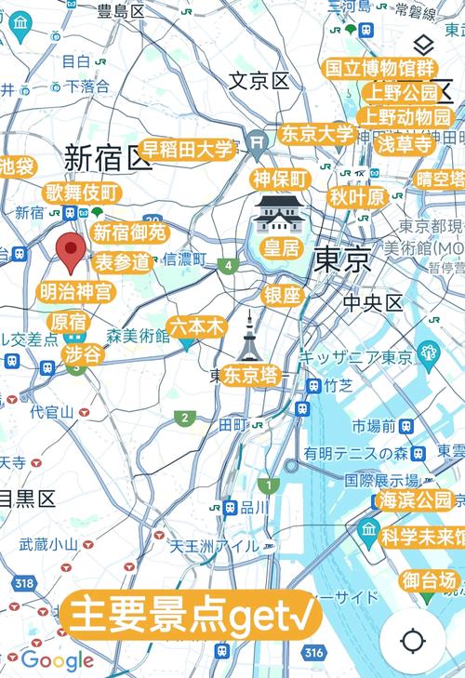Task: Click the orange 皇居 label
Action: click(282, 247)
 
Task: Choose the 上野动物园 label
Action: click(407, 117)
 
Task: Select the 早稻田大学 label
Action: click(187, 150)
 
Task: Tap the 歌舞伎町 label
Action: click(83, 193)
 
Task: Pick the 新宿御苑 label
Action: click(129, 233)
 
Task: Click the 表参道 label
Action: click(123, 261)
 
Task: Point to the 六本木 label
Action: click(197, 326)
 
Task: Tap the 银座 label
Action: click(283, 295)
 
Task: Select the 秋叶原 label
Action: click(357, 197)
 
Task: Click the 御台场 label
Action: click(429, 581)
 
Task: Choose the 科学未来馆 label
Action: click(423, 537)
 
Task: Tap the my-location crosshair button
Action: click(413, 641)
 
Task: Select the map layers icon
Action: click(423, 44)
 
